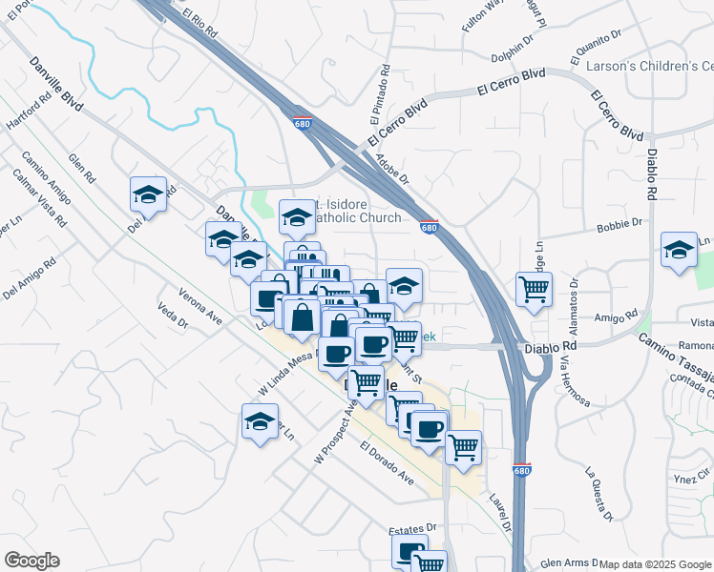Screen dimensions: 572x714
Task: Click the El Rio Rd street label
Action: [201, 23]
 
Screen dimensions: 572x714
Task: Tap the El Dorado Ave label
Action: [387, 461]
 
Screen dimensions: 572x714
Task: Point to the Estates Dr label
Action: [411, 527]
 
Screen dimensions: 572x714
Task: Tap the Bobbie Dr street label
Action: [619, 225]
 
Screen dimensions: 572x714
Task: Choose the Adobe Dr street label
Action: [391, 168]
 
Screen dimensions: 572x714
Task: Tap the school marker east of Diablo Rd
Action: [679, 250]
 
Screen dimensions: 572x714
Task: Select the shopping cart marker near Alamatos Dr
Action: [534, 289]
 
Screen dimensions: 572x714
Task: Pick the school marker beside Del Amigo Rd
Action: [148, 194]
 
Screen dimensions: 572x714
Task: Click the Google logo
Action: [31, 561]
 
